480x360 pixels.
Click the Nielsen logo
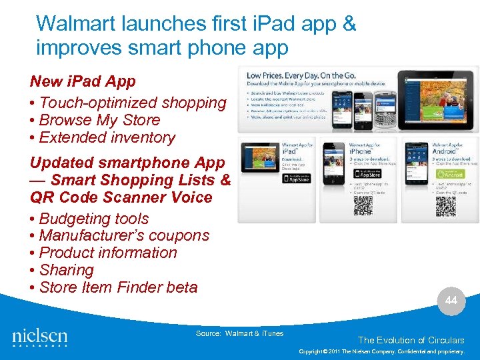coord(40,337)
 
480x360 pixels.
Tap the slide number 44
coord(451,301)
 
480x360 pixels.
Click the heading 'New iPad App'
coord(83,81)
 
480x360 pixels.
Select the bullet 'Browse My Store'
coord(99,120)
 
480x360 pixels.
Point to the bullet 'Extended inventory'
coord(107,137)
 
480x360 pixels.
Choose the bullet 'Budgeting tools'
coord(93,219)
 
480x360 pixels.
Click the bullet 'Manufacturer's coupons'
coord(123,235)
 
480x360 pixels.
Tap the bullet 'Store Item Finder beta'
coord(118,287)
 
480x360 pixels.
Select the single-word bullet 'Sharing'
coord(66,270)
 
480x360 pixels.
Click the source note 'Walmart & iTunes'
coord(239,333)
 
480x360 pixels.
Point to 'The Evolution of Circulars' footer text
coord(411,340)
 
